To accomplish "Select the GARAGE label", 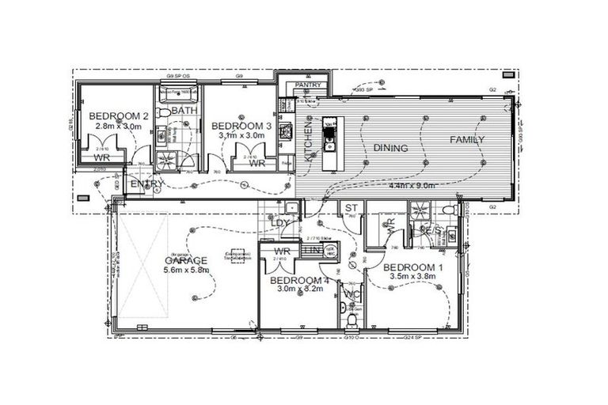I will pyautogui.click(x=185, y=260).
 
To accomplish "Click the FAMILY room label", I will pyautogui.click(x=467, y=140).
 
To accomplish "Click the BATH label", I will pyautogui.click(x=184, y=111).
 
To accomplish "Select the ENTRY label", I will pyautogui.click(x=147, y=184).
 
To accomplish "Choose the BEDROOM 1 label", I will pyautogui.click(x=415, y=267).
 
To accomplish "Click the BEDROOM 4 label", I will pyautogui.click(x=298, y=280).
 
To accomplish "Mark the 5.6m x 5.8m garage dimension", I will pyautogui.click(x=185, y=271).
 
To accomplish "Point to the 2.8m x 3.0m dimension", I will pyautogui.click(x=117, y=126).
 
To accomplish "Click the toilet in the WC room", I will pyautogui.click(x=351, y=320).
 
